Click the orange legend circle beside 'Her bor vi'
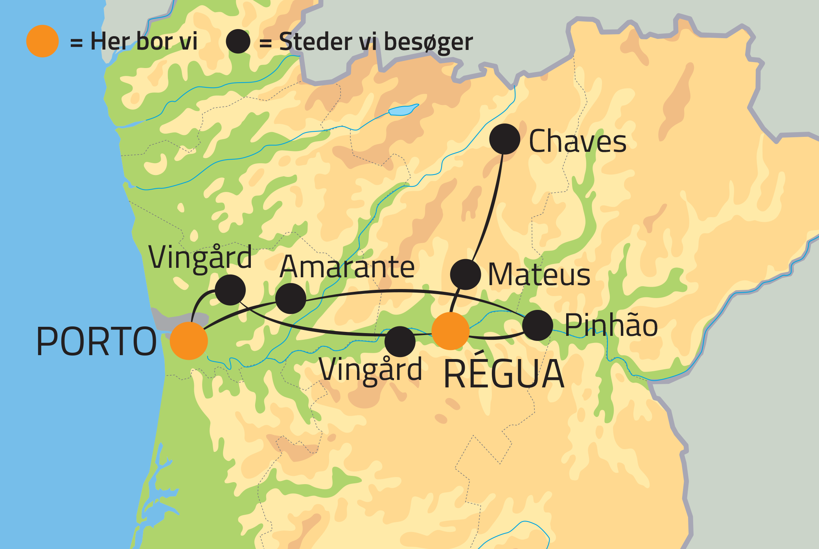click(x=42, y=41)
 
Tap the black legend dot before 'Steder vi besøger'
click(x=238, y=41)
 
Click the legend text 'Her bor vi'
click(x=144, y=41)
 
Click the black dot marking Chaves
click(x=505, y=139)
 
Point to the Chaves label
click(x=577, y=142)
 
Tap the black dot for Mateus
click(x=466, y=274)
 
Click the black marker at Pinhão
click(x=537, y=325)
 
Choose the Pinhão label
click(x=611, y=326)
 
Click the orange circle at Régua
click(x=451, y=331)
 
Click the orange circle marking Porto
click(x=189, y=341)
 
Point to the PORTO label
click(x=96, y=342)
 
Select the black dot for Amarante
click(x=291, y=298)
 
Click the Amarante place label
click(x=347, y=267)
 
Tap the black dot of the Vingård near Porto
click(x=230, y=290)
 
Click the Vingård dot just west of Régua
click(x=400, y=341)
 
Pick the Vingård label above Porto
click(x=200, y=258)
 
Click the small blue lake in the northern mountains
click(x=403, y=110)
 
